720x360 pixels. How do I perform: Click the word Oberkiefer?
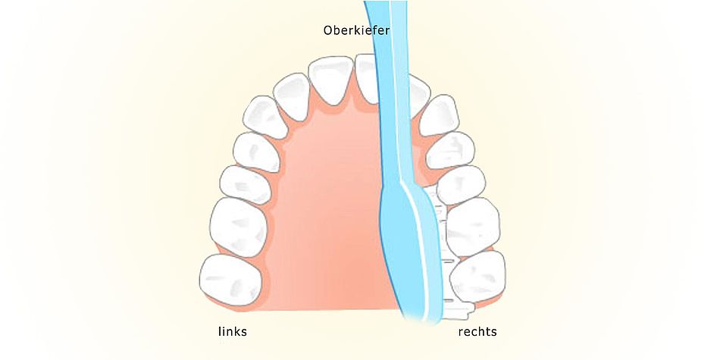pyautogui.click(x=356, y=31)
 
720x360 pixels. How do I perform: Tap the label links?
pyautogui.click(x=233, y=331)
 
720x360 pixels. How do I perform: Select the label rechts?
pyautogui.click(x=477, y=331)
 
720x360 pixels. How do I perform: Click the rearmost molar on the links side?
pyautogui.click(x=230, y=280)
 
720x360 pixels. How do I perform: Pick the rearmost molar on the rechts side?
pyautogui.click(x=478, y=277)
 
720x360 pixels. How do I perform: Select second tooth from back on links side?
pyautogui.click(x=238, y=227)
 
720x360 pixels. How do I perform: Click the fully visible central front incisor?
pyautogui.click(x=330, y=80)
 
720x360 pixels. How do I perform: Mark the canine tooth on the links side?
pyautogui.click(x=265, y=117)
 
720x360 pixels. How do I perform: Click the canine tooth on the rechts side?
pyautogui.click(x=439, y=115)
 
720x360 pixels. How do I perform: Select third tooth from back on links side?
pyautogui.click(x=246, y=185)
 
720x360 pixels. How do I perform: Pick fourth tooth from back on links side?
pyautogui.click(x=256, y=152)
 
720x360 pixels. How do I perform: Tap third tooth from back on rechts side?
pyautogui.click(x=461, y=185)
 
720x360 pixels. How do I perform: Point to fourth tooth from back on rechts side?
pyautogui.click(x=450, y=150)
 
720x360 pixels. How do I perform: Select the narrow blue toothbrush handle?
pyautogui.click(x=392, y=92)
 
